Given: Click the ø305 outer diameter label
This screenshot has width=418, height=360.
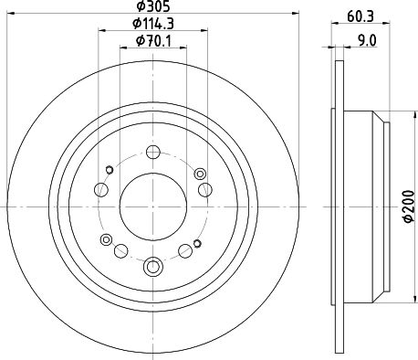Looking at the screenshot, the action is pos(152,6).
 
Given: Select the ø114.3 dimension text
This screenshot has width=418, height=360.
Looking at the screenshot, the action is pos(153,24).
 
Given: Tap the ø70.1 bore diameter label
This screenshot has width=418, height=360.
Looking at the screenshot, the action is pos(153,40).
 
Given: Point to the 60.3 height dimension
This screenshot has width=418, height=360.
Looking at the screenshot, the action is pos(361,16).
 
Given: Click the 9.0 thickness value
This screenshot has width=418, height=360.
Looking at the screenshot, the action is pos(367,40).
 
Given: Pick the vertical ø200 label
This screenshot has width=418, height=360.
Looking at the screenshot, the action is pos(410,206).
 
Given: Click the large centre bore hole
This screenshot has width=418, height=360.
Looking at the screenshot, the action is pos(152,206).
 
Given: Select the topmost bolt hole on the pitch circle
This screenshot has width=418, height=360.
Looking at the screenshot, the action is pos(153,152).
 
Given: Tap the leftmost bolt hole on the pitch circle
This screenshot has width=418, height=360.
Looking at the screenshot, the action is pos(101,190).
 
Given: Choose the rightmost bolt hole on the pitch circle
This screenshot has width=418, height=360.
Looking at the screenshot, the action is pos(205,190).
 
